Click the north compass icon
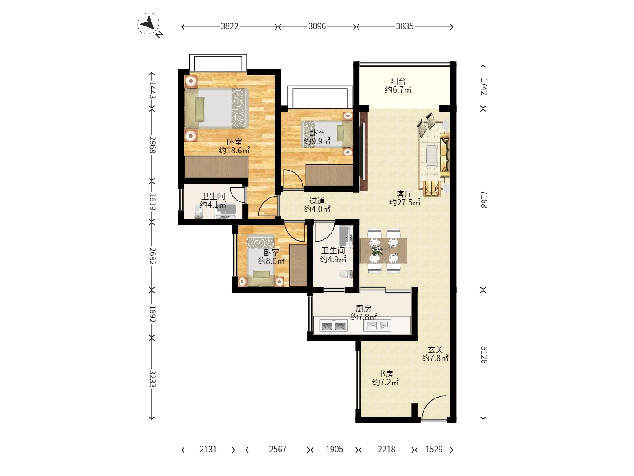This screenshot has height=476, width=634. click(149, 24)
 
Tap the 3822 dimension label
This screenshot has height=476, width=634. click(230, 26)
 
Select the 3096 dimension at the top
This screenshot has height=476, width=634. click(317, 26)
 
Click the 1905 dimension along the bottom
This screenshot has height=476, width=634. click(335, 450)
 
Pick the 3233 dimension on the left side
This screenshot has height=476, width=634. click(152, 379)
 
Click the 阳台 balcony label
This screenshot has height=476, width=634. click(398, 82)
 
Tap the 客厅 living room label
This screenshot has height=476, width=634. click(404, 194)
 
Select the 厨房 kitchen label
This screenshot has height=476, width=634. click(363, 309)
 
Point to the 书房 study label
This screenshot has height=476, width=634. click(386, 374)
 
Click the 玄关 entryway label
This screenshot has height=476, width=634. click(435, 350)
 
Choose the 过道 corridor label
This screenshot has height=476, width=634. click(317, 201)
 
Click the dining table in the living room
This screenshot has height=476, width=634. click(383, 251)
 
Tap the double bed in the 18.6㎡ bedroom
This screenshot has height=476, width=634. click(217, 108)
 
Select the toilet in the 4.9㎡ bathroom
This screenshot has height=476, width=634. click(346, 274)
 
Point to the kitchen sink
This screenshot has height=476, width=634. click(377, 325)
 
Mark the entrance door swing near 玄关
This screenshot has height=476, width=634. click(434, 408)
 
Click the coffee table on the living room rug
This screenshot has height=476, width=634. click(431, 156)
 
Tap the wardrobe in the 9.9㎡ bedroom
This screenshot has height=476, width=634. click(329, 175)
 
